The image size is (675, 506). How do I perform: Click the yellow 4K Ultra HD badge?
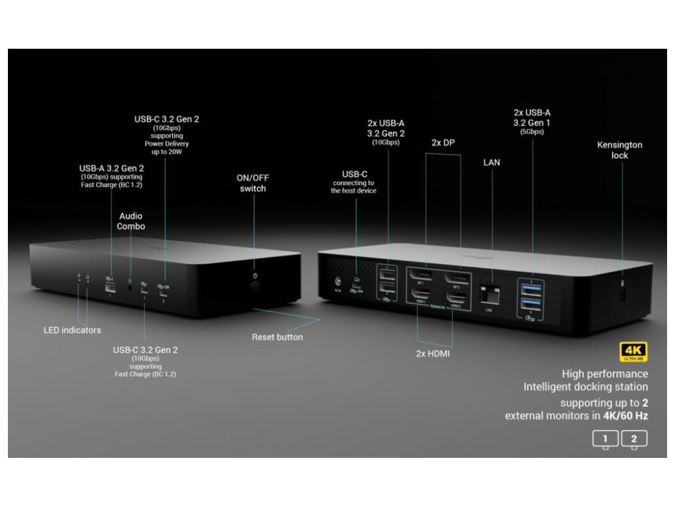[x=633, y=352]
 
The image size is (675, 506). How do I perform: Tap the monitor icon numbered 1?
[x=605, y=439]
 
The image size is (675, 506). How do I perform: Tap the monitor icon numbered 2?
[x=634, y=439]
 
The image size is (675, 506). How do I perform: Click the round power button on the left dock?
[x=255, y=287]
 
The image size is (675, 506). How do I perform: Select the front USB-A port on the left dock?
[x=110, y=285]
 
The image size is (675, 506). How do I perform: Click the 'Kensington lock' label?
[x=620, y=150]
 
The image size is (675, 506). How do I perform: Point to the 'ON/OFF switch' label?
[x=253, y=183]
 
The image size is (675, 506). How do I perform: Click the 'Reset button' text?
[x=278, y=337]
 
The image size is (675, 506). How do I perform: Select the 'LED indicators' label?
[x=73, y=330]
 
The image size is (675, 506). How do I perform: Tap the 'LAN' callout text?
[x=492, y=162]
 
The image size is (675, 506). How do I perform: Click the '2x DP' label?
[x=444, y=142]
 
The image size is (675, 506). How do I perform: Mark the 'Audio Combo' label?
[x=131, y=221]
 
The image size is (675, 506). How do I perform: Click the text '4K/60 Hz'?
[x=621, y=416]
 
